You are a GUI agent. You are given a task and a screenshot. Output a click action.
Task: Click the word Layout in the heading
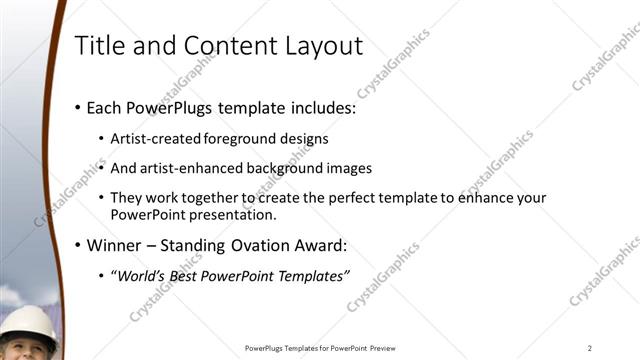(x=323, y=45)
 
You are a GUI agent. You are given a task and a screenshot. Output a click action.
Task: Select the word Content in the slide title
(x=220, y=45)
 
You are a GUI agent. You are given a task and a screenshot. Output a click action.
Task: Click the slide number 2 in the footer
(x=591, y=348)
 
